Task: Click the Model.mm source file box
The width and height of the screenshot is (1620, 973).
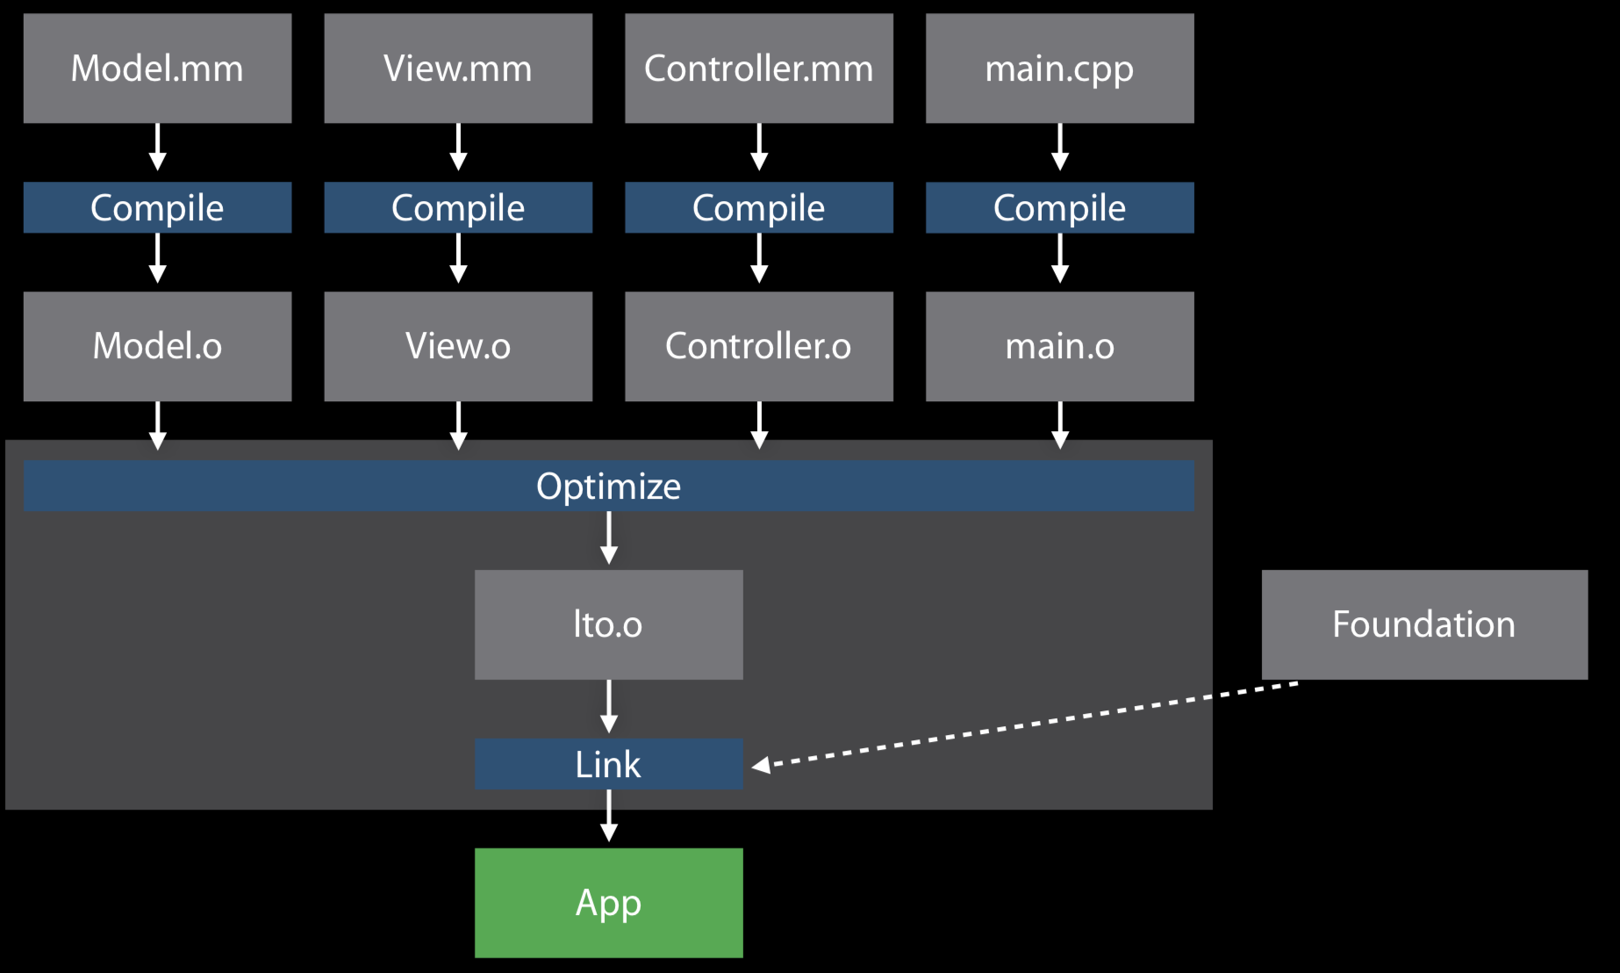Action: click(x=157, y=68)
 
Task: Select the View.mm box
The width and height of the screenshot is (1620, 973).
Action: click(x=458, y=68)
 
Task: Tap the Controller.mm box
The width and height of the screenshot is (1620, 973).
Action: click(x=759, y=68)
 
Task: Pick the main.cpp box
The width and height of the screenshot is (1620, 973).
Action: click(x=1060, y=68)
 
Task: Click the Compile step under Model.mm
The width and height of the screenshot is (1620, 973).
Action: click(x=157, y=208)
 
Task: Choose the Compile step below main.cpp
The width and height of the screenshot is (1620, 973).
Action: click(x=1060, y=208)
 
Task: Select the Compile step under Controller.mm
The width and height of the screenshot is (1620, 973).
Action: click(x=759, y=208)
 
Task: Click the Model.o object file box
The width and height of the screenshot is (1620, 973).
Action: click(x=157, y=346)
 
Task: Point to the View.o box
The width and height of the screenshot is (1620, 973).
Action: click(x=458, y=346)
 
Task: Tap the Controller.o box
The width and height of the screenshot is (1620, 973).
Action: click(x=759, y=346)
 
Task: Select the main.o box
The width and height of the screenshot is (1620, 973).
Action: click(x=1060, y=346)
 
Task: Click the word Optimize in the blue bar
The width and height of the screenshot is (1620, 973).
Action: click(x=608, y=486)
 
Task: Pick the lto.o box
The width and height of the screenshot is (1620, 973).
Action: click(x=608, y=624)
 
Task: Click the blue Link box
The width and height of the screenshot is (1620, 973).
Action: click(x=608, y=764)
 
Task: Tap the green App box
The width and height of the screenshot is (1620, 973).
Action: click(x=608, y=903)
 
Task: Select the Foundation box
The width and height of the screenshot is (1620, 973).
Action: click(x=1424, y=624)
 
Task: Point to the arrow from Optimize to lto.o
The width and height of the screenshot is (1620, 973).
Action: click(x=609, y=538)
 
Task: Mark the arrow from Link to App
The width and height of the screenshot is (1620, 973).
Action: click(x=609, y=816)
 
